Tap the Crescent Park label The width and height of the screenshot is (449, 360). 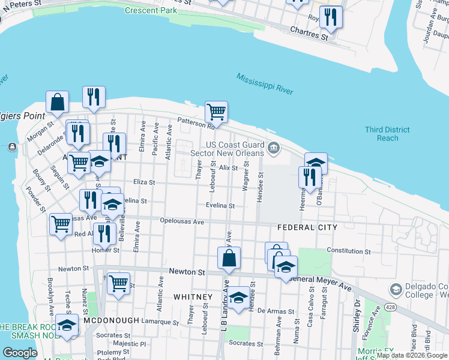click(x=150, y=11)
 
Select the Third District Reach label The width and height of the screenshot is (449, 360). click(x=388, y=134)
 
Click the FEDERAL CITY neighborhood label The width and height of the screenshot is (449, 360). click(x=307, y=227)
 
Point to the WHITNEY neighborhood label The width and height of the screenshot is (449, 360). click(x=193, y=297)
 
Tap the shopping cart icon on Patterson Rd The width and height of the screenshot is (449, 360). click(x=216, y=111)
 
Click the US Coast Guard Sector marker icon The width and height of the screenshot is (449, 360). click(x=274, y=148)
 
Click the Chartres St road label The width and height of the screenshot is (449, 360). click(x=309, y=32)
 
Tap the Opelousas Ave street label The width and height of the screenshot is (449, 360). click(x=182, y=221)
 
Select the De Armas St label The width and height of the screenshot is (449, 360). click(x=276, y=311)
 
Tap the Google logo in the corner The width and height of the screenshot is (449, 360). click(x=20, y=352)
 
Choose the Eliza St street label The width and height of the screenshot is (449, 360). click(x=144, y=182)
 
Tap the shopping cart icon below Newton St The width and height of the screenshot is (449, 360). click(x=119, y=283)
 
